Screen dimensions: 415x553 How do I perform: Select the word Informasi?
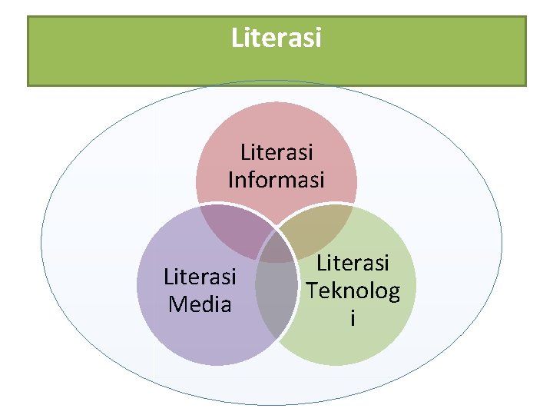pyautogui.click(x=276, y=180)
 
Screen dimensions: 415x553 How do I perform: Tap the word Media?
pyautogui.click(x=200, y=304)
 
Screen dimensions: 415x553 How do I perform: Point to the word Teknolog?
pyautogui.click(x=353, y=291)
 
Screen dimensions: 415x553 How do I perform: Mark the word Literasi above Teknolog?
pyautogui.click(x=353, y=264)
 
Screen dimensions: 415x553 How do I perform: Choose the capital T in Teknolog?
pyautogui.click(x=311, y=290)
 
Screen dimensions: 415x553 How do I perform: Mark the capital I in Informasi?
pyautogui.click(x=230, y=180)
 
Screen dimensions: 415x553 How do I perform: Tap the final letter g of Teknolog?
pyautogui.click(x=393, y=293)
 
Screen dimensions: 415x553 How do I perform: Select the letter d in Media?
pyautogui.click(x=207, y=304)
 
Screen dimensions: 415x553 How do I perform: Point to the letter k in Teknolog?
pyautogui.click(x=335, y=290)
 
